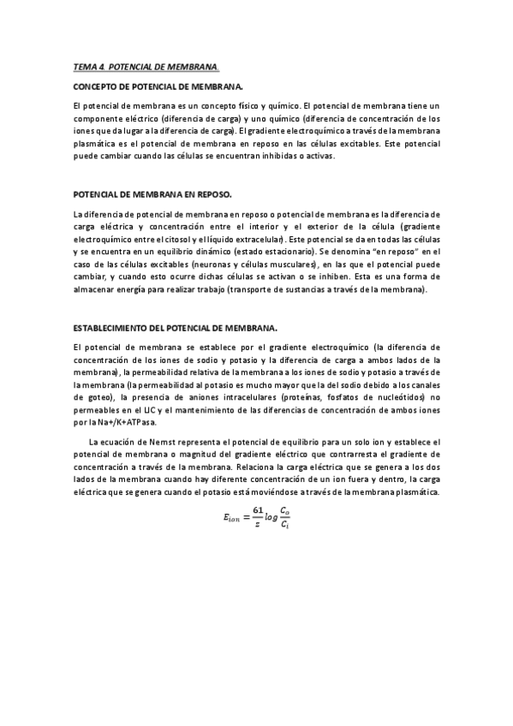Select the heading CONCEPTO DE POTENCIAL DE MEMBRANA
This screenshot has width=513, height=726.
(x=158, y=87)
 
